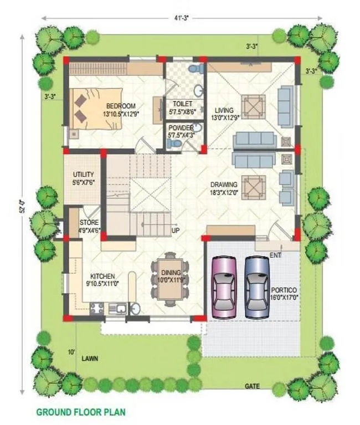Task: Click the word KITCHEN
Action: click(102, 276)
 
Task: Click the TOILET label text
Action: click(182, 104)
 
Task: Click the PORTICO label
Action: click(284, 290)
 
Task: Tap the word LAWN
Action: click(90, 359)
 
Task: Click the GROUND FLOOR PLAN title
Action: click(80, 412)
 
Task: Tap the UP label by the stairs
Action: click(176, 230)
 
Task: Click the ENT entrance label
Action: click(275, 254)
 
